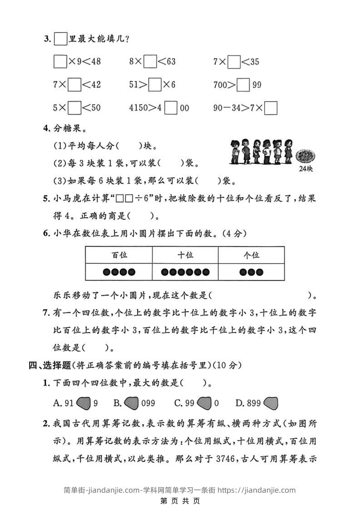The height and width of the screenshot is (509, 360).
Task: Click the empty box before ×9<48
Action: point(60,61)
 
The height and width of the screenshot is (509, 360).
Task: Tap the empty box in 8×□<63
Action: point(150,61)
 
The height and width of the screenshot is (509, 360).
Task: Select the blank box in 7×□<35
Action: point(234,61)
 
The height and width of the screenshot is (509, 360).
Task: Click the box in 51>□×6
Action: point(155,85)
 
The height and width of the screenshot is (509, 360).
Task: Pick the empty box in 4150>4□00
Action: point(171,108)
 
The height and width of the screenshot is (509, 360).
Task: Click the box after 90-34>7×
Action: point(271,108)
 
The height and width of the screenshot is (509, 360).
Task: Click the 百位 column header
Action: point(119,255)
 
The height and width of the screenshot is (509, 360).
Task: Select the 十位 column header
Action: point(185,255)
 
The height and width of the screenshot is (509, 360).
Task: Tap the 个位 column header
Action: point(251,255)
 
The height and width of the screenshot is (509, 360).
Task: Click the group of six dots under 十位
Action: point(185,272)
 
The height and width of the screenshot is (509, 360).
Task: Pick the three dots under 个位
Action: point(251,272)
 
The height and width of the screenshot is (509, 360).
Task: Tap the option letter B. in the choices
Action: point(117,402)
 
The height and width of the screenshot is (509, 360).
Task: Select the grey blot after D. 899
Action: point(271,402)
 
